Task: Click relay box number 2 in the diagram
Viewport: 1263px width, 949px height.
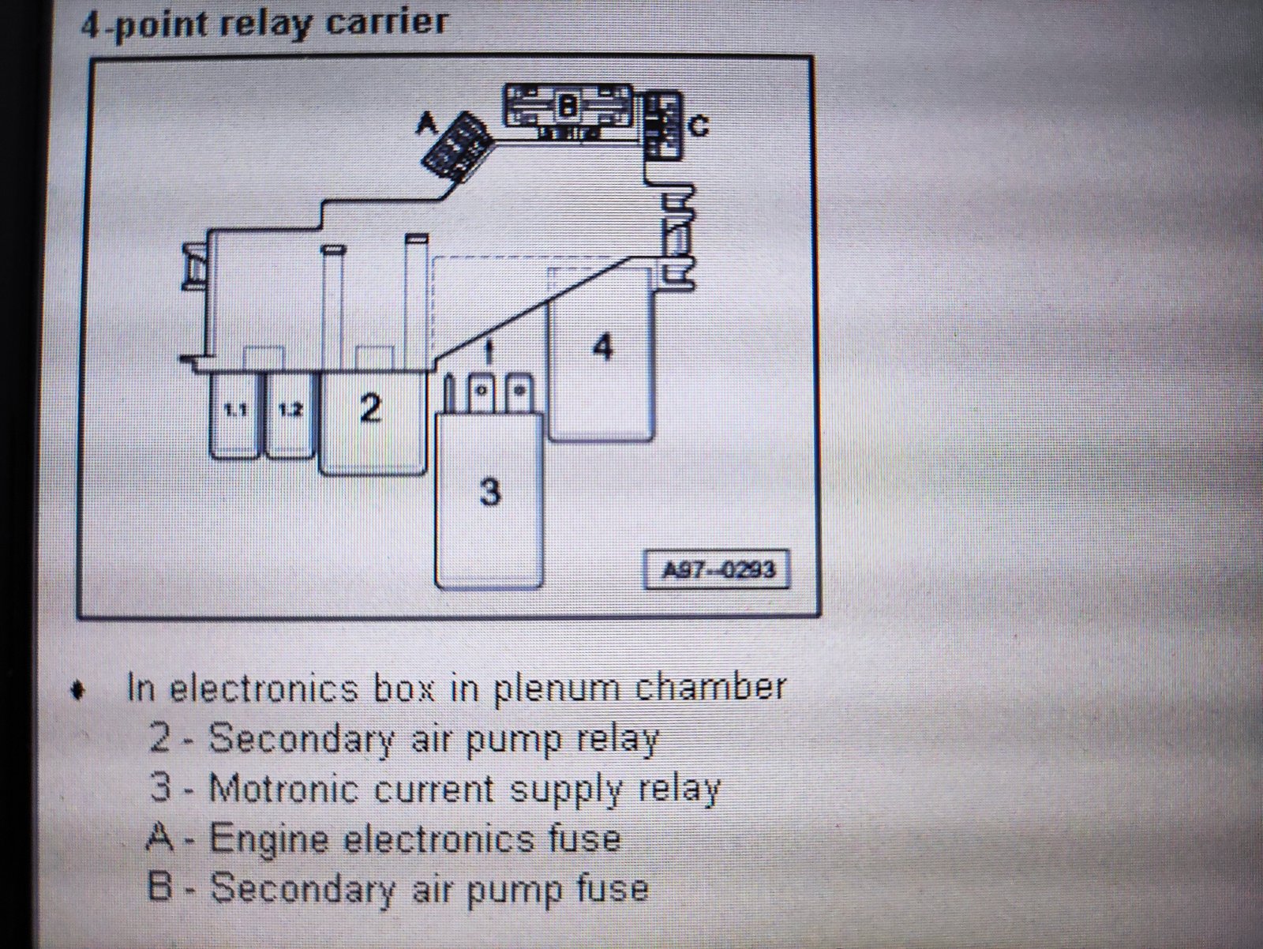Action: (373, 423)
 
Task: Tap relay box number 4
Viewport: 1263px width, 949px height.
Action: (602, 352)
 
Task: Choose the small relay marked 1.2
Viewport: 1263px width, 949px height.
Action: (290, 415)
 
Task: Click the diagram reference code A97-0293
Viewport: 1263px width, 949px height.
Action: (718, 570)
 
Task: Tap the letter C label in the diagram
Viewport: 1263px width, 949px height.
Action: (699, 126)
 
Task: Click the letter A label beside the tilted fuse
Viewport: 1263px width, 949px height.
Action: (427, 122)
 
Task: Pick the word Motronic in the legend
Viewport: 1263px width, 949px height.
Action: (283, 788)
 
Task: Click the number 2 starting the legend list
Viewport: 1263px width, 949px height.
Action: (160, 737)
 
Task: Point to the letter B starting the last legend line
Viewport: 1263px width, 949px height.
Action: (159, 887)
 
